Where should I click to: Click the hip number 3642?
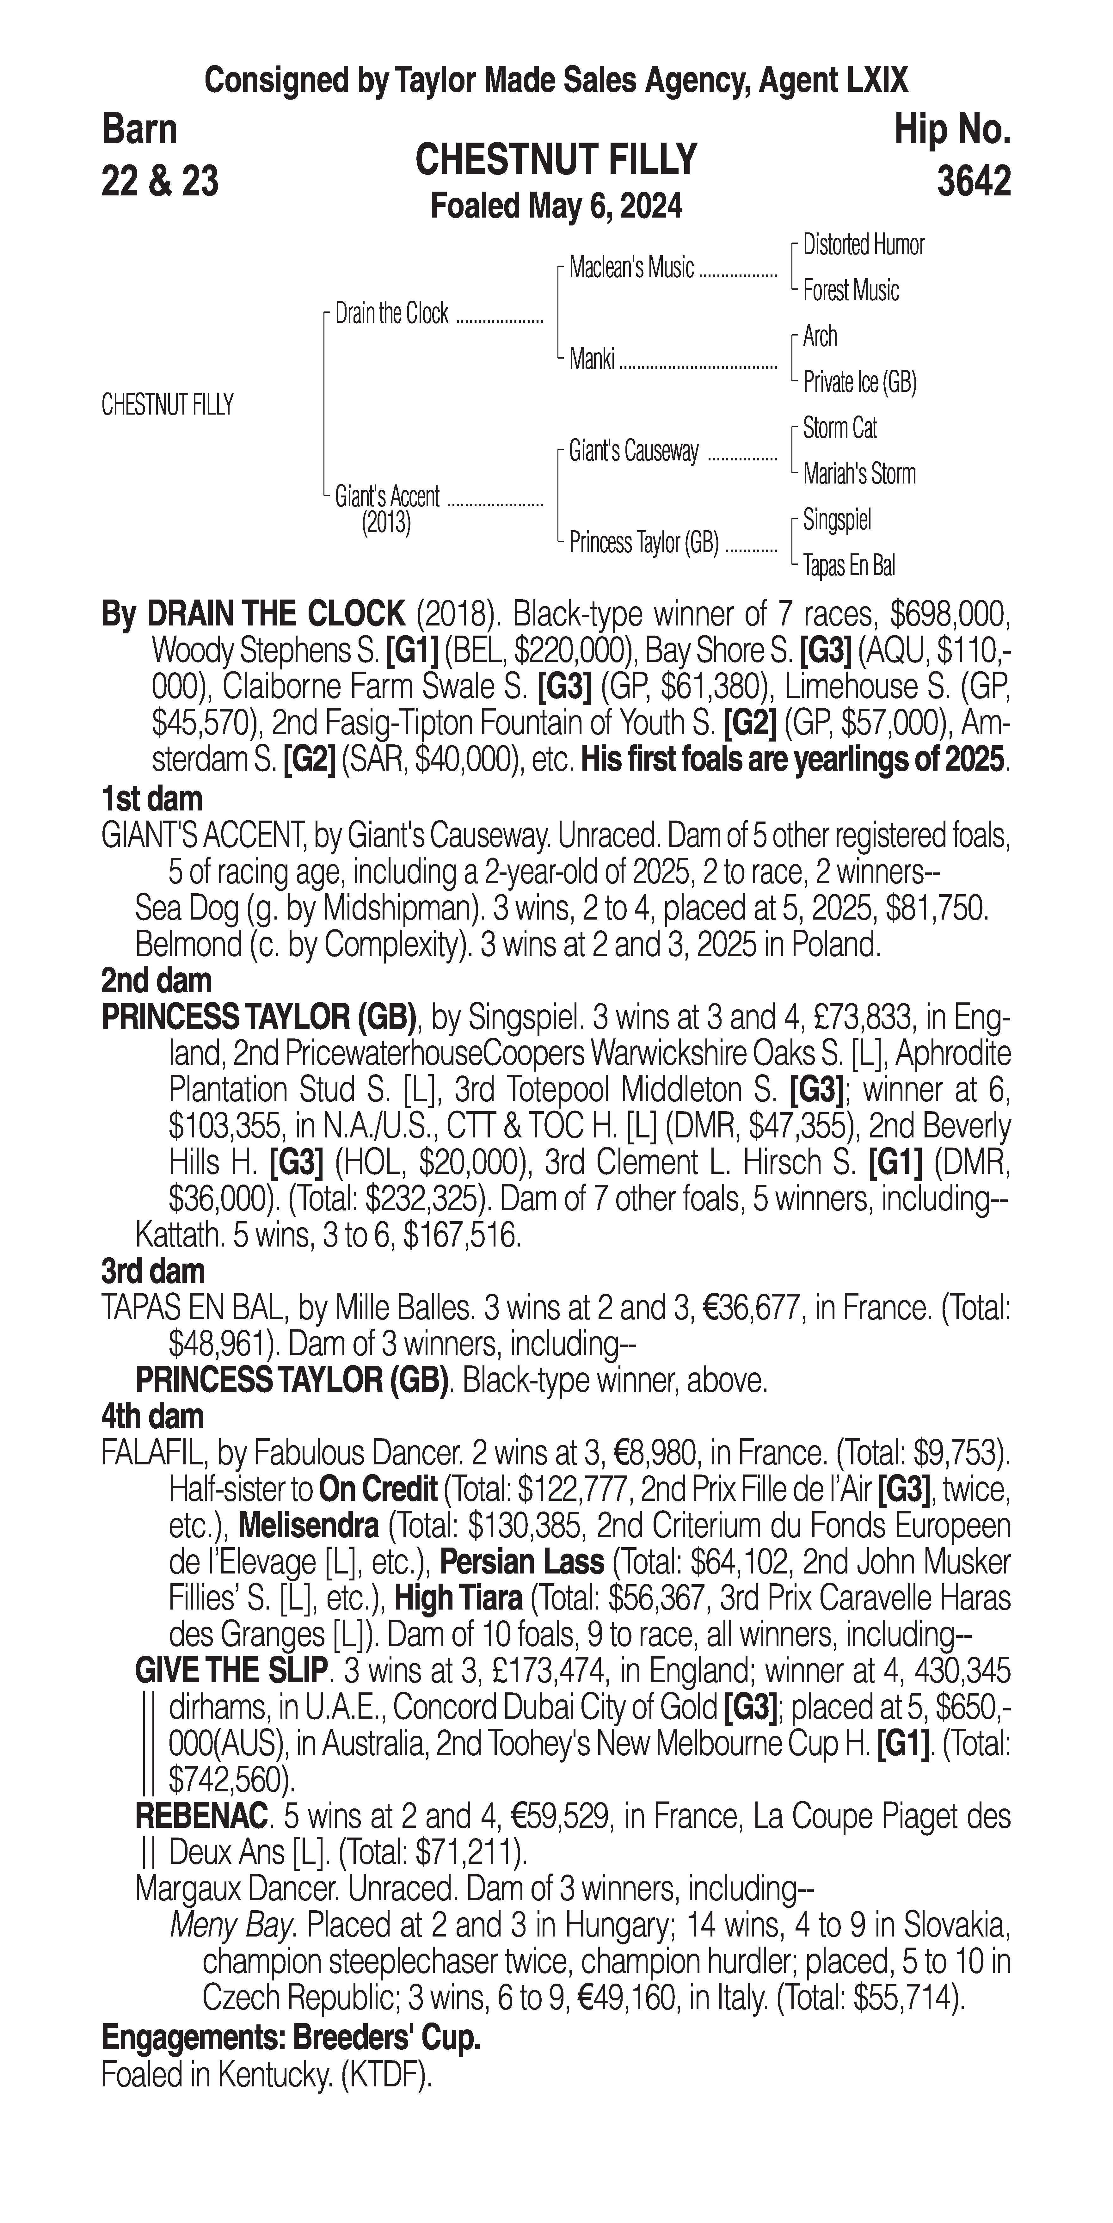pos(972,181)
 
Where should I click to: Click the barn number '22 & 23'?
pos(160,181)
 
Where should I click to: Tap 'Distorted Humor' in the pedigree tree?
pos(863,245)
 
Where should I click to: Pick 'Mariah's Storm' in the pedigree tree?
pos(858,474)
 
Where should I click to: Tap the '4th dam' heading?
pos(153,1416)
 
